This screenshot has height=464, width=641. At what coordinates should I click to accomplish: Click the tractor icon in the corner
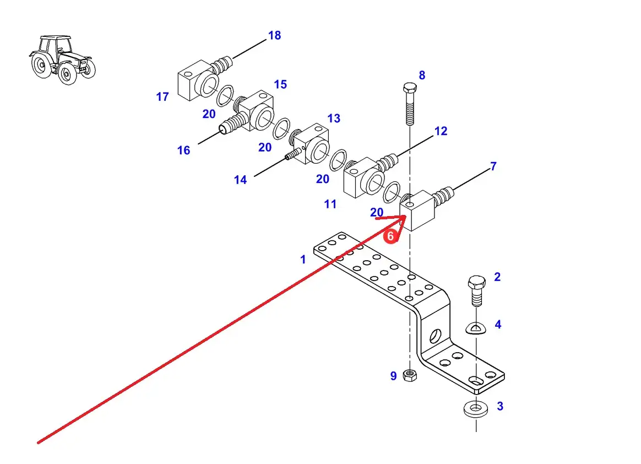point(62,60)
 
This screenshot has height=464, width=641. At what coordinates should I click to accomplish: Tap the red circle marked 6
point(390,236)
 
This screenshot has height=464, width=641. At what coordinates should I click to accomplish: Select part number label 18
point(274,36)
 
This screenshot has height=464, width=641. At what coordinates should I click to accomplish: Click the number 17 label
point(162,97)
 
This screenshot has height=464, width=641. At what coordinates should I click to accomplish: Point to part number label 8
point(422,75)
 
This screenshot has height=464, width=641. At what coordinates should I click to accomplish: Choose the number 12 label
point(441,131)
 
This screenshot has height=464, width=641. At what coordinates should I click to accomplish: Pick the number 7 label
point(493,166)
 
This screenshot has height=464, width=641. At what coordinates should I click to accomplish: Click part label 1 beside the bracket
point(303,259)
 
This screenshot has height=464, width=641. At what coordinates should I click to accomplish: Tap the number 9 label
point(393,376)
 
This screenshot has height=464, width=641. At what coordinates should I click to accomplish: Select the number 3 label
point(499,407)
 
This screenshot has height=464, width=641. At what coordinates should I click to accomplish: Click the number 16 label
point(183,150)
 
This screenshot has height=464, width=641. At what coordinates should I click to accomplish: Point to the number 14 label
point(240,180)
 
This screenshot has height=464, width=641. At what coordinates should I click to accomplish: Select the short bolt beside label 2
point(476,290)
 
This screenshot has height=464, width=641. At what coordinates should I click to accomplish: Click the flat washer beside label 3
point(474,409)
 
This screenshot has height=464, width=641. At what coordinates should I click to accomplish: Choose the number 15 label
point(280,84)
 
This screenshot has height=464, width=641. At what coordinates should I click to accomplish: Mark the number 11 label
point(330,204)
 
